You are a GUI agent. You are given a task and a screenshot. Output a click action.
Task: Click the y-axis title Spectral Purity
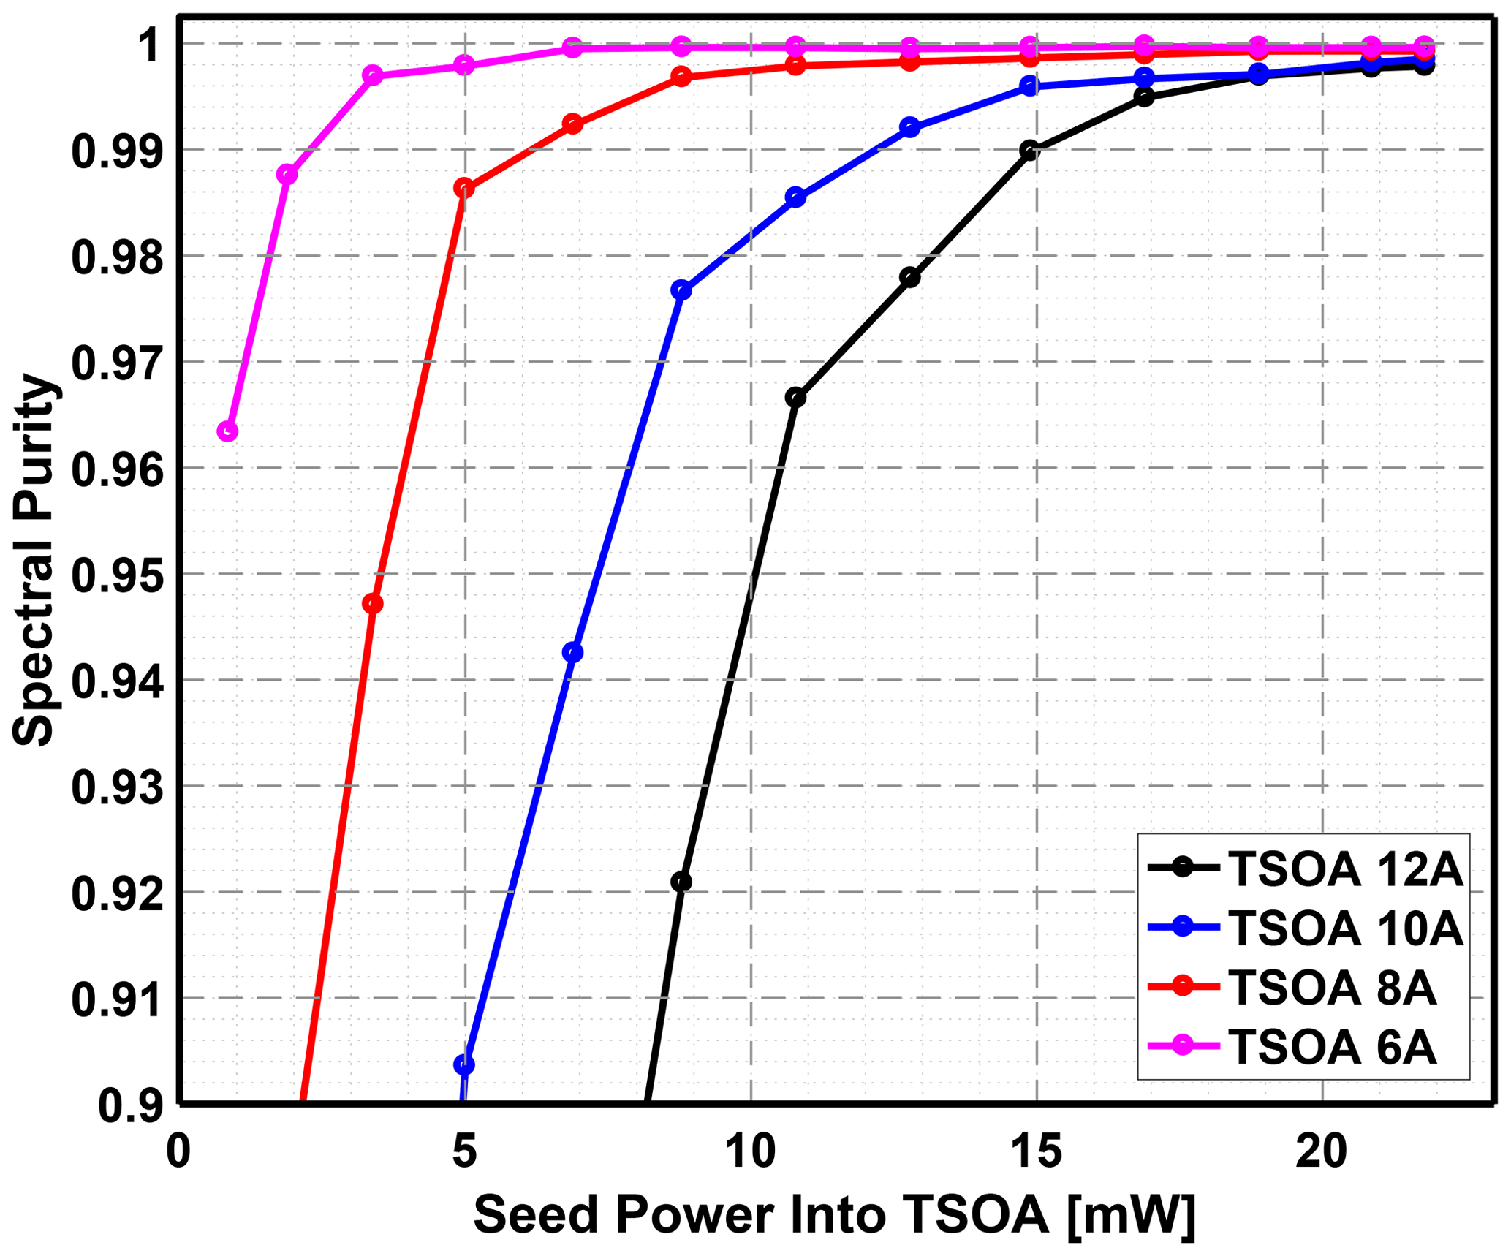pos(34,561)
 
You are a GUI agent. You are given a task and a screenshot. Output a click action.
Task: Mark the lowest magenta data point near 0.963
pos(227,431)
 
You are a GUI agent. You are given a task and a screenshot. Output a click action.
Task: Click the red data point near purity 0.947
pos(373,604)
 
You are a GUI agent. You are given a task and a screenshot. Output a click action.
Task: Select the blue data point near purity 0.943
pos(573,652)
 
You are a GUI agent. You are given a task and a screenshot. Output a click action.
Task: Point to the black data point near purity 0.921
pos(681,882)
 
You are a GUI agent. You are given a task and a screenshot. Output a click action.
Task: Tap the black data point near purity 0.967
pos(795,398)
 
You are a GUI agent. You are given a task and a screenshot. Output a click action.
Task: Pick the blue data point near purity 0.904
pos(464,1065)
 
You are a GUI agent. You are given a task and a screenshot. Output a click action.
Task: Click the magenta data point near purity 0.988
pos(287,175)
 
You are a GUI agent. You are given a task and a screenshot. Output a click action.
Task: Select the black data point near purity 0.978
pos(910,278)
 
